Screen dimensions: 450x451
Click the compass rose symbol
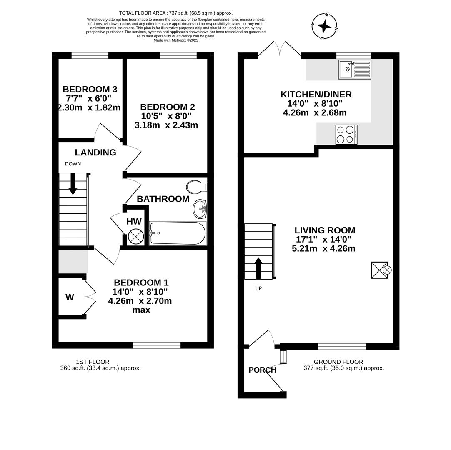(x=324, y=26)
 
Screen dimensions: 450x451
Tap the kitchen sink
(x=354, y=70)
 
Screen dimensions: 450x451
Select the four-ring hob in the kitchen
(x=346, y=135)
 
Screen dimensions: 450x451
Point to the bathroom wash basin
(x=200, y=209)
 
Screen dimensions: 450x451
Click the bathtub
(x=178, y=233)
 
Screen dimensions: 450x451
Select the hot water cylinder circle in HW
(x=136, y=237)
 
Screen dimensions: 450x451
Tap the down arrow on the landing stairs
(x=73, y=184)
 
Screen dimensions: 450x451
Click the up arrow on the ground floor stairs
(x=258, y=268)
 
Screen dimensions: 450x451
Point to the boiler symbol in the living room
(x=379, y=270)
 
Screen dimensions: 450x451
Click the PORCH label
(x=262, y=370)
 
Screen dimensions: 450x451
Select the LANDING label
(x=95, y=152)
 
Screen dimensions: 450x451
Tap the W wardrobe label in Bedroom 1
(x=70, y=297)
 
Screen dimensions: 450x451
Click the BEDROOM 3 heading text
(x=90, y=89)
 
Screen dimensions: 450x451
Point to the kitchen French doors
(x=279, y=49)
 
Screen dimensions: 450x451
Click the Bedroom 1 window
(x=157, y=345)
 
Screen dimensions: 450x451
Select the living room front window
(x=342, y=346)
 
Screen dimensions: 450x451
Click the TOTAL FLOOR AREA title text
(x=175, y=13)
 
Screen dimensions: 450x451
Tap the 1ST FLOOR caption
(x=93, y=362)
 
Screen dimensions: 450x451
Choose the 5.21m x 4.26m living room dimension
(x=323, y=249)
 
